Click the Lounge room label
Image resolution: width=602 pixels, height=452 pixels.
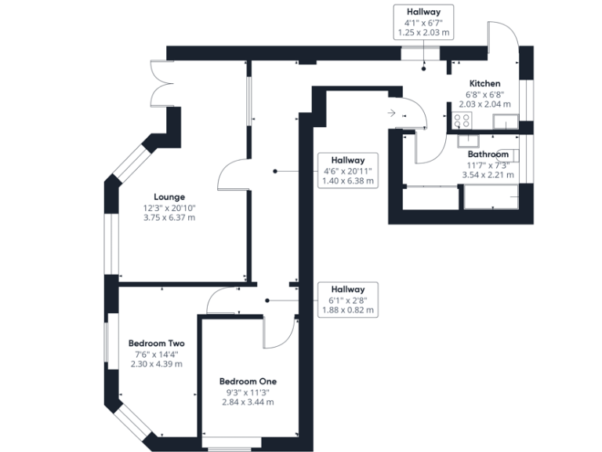coord(169,197)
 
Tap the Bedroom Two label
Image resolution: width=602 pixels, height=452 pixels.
coord(156,343)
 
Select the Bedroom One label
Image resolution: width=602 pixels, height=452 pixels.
coord(248,381)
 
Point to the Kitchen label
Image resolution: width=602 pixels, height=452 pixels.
coord(485,83)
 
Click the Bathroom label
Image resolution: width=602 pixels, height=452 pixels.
coord(488,154)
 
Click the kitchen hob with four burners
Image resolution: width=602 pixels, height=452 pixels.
coord(462,120)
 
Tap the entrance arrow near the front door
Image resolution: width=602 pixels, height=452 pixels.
coord(391,113)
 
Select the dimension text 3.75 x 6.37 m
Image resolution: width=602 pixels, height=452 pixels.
coord(169,217)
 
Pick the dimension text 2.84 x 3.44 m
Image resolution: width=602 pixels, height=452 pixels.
coord(248,402)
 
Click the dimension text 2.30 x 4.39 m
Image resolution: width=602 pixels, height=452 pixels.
coord(156,364)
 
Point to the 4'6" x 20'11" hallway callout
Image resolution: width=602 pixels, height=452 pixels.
coord(348,170)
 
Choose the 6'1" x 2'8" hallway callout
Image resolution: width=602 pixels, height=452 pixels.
coord(348,300)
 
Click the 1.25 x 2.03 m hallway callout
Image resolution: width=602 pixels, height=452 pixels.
coord(423,22)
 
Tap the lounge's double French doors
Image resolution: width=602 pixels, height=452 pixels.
coord(161,83)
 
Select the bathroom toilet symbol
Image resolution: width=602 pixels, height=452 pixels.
coord(509,155)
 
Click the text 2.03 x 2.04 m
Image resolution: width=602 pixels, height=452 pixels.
coord(485,104)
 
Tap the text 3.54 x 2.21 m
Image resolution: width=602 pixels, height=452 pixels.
coord(488,175)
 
